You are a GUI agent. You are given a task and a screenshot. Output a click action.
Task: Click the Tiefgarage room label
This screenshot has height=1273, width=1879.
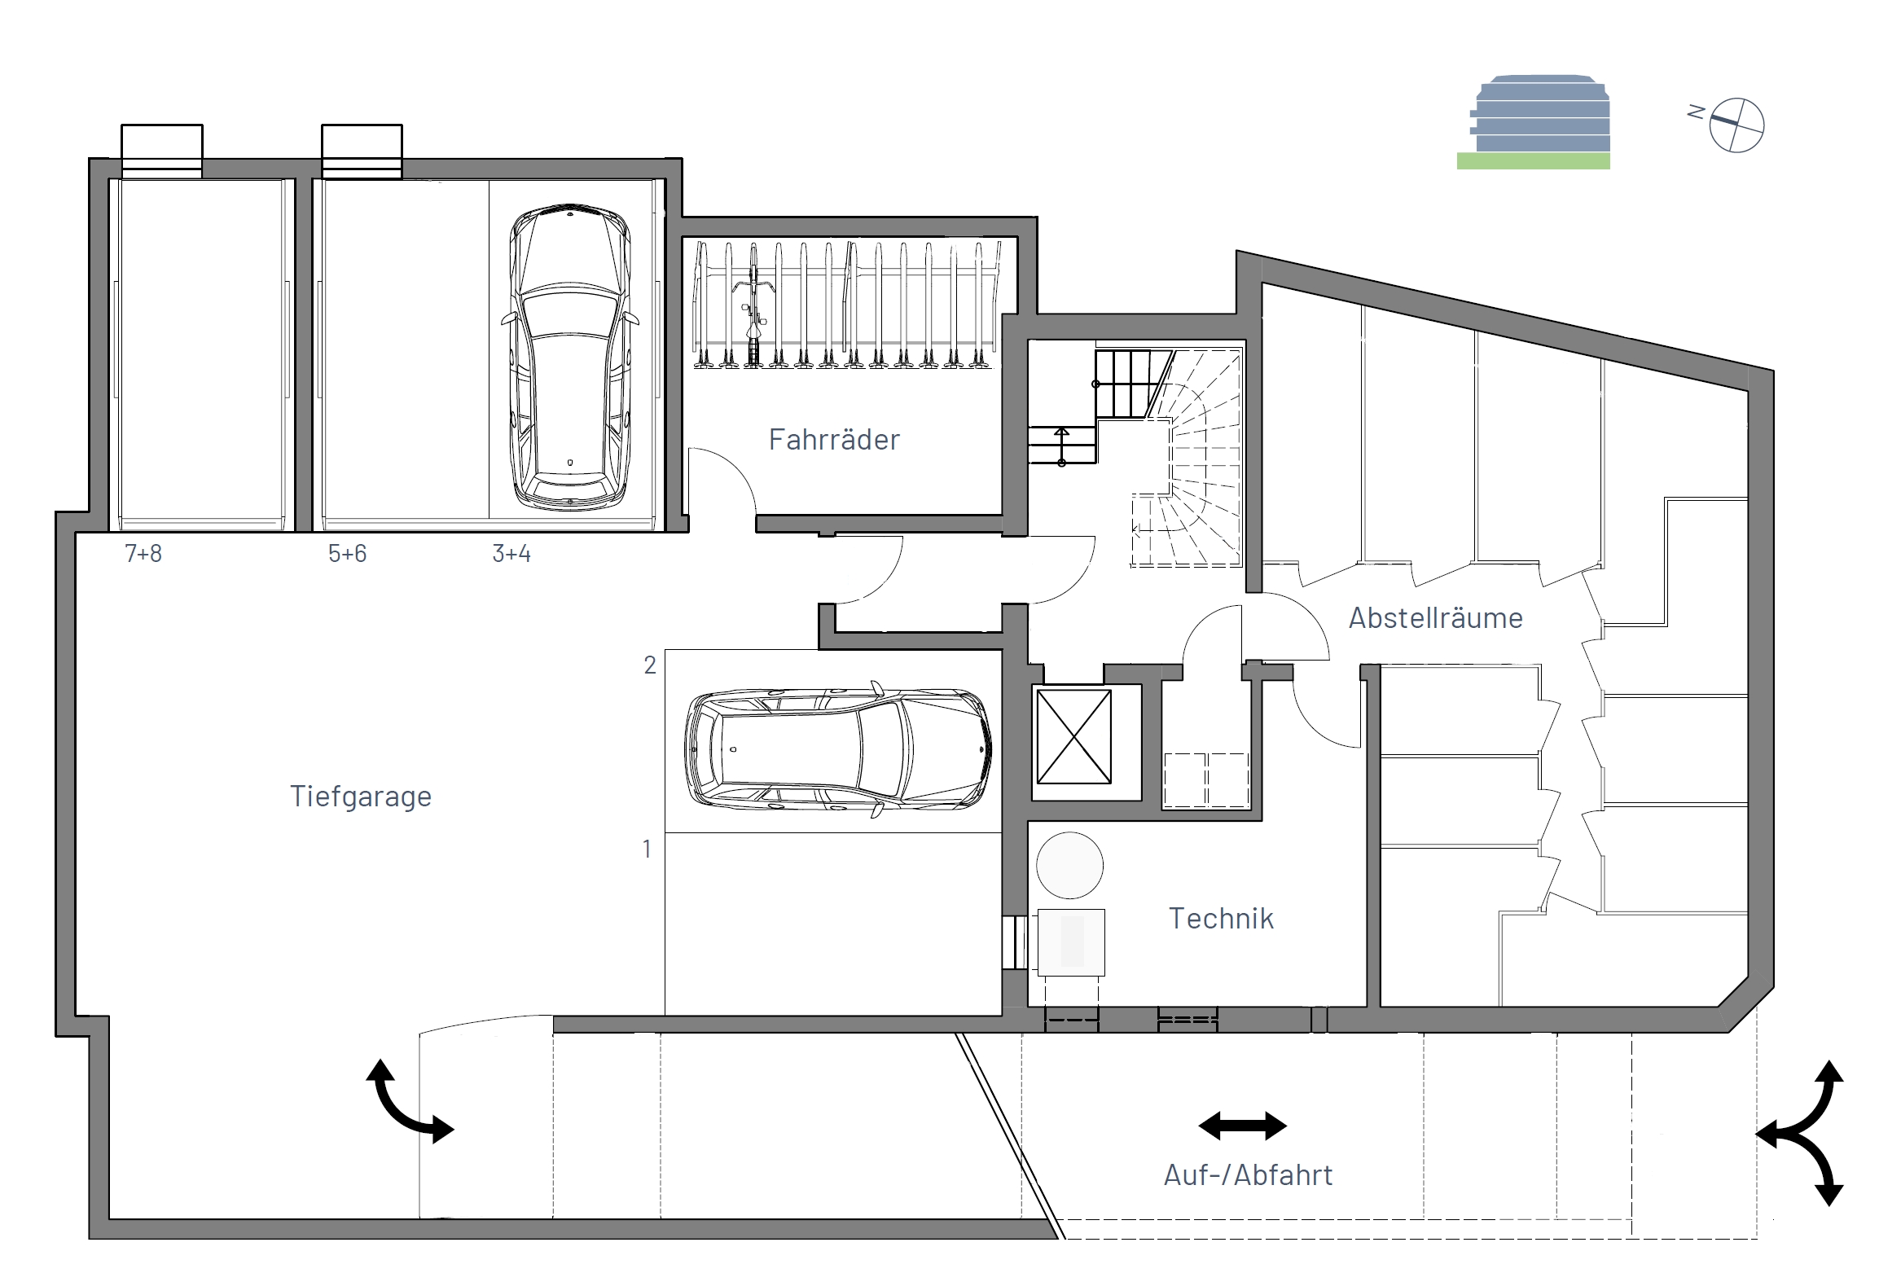pyautogui.click(x=361, y=797)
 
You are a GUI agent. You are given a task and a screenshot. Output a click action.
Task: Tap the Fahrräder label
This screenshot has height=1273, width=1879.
pyautogui.click(x=834, y=440)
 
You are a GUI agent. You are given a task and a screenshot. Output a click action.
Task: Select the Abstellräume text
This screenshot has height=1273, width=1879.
pyautogui.click(x=1435, y=618)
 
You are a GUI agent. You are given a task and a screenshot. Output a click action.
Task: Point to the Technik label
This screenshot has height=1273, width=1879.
pyautogui.click(x=1221, y=919)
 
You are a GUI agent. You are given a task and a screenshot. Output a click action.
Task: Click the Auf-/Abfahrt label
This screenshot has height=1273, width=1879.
pyautogui.click(x=1248, y=1175)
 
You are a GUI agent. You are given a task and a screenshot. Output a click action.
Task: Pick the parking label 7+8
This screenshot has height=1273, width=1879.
pyautogui.click(x=143, y=554)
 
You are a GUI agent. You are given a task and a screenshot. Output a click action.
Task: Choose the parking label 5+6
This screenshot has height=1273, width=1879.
pyautogui.click(x=347, y=554)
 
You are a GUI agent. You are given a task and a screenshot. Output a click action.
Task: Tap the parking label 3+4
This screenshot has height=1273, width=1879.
pyautogui.click(x=511, y=554)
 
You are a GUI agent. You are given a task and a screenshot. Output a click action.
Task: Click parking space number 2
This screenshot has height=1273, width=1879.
pyautogui.click(x=650, y=665)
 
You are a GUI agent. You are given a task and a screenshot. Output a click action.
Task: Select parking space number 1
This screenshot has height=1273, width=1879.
pyautogui.click(x=648, y=849)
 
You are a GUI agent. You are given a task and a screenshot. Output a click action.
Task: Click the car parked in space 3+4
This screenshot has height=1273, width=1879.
pyautogui.click(x=570, y=357)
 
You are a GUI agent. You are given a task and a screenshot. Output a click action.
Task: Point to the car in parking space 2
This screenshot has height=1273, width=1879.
pyautogui.click(x=838, y=749)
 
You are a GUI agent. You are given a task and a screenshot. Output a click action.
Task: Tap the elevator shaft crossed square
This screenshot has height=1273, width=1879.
pyautogui.click(x=1074, y=737)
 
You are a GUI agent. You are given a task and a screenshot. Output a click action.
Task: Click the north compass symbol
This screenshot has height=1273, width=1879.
pyautogui.click(x=1736, y=125)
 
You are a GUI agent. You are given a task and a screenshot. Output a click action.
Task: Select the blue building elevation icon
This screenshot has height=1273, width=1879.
pyautogui.click(x=1539, y=114)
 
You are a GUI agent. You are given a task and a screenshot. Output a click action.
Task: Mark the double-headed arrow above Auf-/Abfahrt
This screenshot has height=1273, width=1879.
pyautogui.click(x=1243, y=1126)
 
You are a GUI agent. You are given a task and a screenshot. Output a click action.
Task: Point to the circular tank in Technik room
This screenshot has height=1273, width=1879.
pyautogui.click(x=1070, y=865)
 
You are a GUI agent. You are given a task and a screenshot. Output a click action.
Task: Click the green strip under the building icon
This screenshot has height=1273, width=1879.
pyautogui.click(x=1533, y=161)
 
